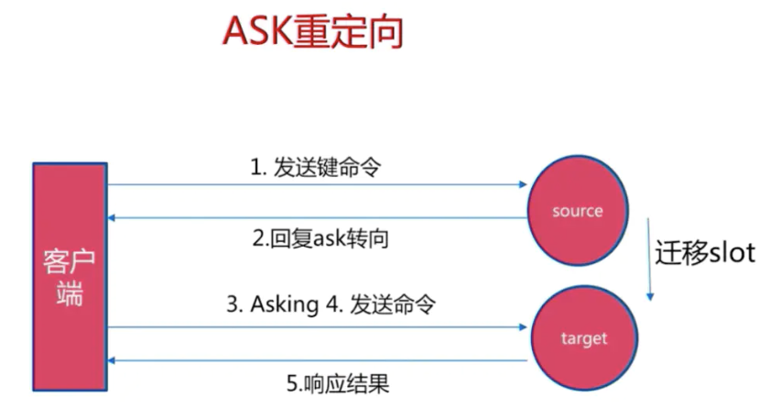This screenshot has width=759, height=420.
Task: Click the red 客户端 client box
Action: point(70,275)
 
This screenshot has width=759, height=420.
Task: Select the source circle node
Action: point(578,210)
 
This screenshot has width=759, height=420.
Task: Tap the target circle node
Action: point(583,338)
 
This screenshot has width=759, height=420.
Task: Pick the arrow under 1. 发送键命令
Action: point(317,185)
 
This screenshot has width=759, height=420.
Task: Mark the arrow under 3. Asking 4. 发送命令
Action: point(317,325)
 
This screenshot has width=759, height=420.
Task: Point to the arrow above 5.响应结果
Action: point(317,360)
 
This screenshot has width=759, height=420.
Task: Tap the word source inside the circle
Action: point(578,211)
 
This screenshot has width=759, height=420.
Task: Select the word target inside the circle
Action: point(583,339)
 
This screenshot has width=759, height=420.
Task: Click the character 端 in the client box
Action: point(70,295)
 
